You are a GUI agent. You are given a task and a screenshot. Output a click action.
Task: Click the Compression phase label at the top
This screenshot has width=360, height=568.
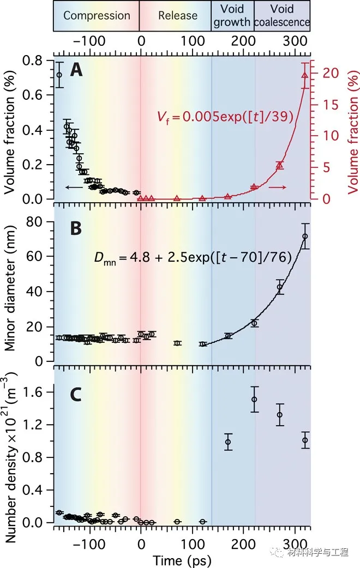[97, 15]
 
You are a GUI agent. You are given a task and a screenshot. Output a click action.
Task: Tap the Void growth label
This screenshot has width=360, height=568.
[232, 16]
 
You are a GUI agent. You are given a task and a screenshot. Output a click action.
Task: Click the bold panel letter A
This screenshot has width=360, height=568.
[76, 70]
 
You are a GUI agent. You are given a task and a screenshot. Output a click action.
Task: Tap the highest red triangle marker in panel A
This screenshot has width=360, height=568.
[304, 75]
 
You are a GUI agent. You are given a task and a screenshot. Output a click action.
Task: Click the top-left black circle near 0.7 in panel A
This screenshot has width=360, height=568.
[59, 75]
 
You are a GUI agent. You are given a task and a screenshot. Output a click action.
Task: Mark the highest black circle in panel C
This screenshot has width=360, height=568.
[254, 399]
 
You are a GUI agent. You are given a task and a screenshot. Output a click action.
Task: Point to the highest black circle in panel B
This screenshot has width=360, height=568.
[305, 236]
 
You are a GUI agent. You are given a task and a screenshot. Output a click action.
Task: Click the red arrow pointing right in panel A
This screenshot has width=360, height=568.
[277, 188]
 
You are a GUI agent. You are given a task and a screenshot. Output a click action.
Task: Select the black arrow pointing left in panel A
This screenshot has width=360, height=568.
[71, 188]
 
